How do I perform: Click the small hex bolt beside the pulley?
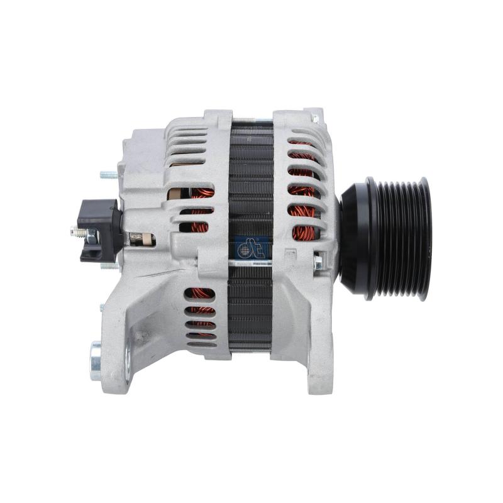pos(318,262)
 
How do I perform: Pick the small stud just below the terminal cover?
pos(109,265)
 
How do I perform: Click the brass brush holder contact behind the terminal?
pos(141,239)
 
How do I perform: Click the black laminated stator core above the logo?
pos(251,182)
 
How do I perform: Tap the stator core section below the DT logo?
pos(251,308)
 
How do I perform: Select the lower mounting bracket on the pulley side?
pos(311,340)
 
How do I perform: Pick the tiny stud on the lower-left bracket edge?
pos(102,307)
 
